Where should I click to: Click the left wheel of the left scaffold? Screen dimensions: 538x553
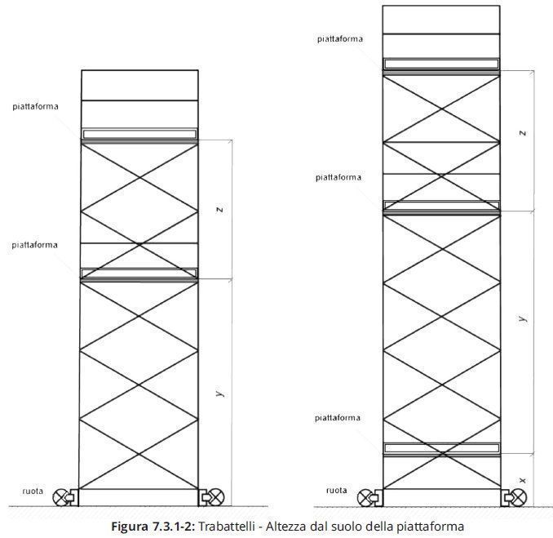(x=62, y=496)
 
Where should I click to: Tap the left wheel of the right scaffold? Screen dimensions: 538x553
(x=364, y=496)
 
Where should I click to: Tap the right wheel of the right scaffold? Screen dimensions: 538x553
(x=518, y=496)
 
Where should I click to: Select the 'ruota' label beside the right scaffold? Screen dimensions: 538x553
(x=336, y=491)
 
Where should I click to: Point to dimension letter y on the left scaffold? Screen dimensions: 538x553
(x=220, y=393)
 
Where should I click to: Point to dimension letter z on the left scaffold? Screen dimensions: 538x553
(x=220, y=210)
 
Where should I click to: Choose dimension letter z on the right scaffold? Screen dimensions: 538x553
(x=522, y=132)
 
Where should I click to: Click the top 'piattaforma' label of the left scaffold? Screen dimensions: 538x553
(x=35, y=106)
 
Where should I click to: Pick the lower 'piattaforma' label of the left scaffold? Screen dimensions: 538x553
(x=35, y=244)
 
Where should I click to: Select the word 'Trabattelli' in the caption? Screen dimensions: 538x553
(x=228, y=527)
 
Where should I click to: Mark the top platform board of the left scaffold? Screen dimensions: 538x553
(x=139, y=133)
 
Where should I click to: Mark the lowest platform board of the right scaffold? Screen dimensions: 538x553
(x=441, y=447)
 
